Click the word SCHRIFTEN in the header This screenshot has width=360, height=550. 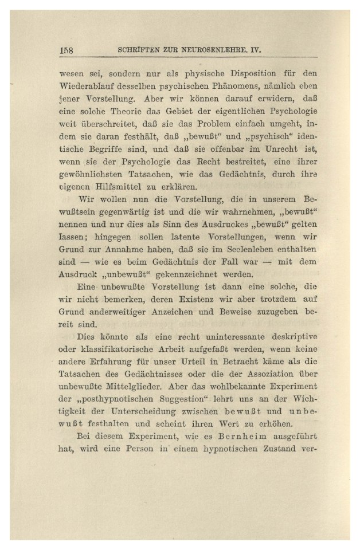click(137, 50)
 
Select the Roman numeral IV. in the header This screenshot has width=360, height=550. click(256, 50)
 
